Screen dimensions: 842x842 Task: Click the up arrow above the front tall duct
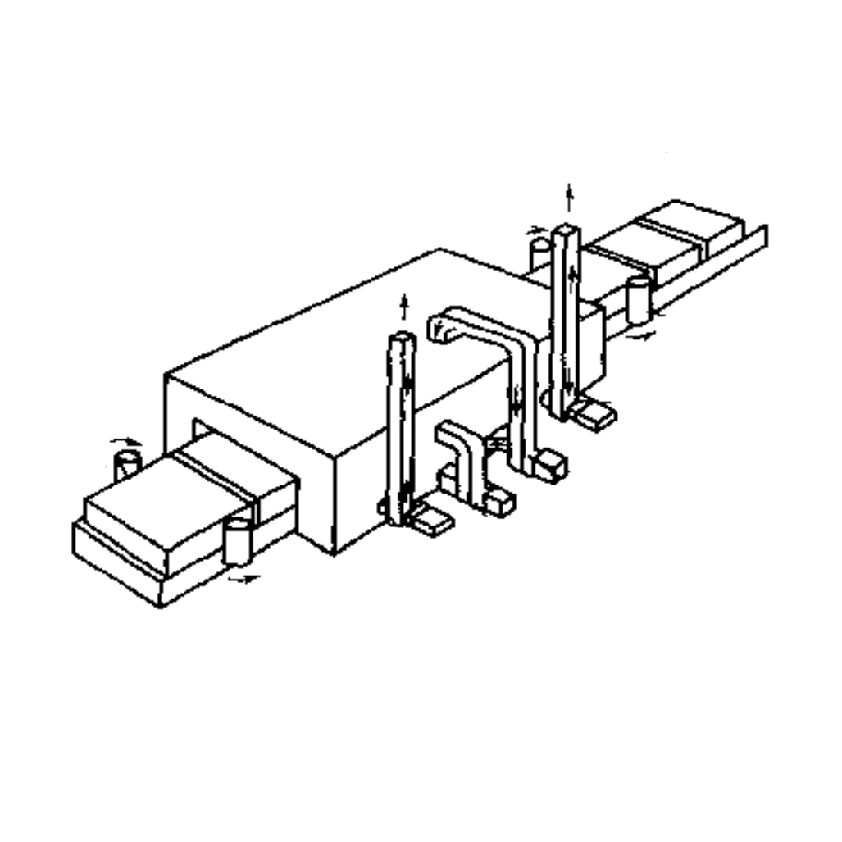coord(403,307)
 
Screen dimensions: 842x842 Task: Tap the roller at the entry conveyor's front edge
coord(236,540)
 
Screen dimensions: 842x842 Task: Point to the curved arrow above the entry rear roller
coord(126,442)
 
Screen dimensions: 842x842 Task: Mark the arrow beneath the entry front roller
coord(243,579)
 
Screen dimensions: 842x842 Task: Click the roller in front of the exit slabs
coord(637,298)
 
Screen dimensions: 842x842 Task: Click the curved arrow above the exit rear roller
coord(537,230)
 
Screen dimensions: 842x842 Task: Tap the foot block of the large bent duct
coord(548,467)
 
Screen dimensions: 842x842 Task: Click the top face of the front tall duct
coord(401,338)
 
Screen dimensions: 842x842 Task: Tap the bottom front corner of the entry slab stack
coord(160,605)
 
